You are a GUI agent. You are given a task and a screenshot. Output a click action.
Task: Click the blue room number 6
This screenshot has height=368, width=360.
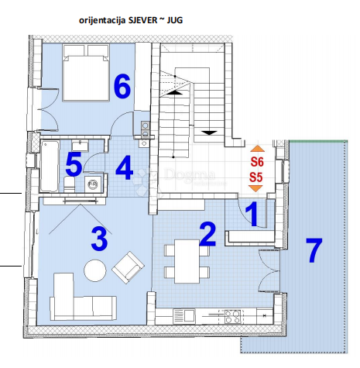[x=122, y=87]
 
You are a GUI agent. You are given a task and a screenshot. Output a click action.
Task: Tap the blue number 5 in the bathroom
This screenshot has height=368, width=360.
[x=74, y=165]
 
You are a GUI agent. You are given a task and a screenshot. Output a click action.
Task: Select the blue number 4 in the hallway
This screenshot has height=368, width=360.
[x=125, y=167]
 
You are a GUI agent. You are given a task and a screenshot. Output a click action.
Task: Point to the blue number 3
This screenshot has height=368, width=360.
[x=98, y=239]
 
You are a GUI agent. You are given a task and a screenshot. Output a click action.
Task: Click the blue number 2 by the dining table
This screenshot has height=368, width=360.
[x=207, y=233]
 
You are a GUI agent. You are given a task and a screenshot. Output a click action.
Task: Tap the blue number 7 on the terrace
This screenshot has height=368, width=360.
[x=314, y=249]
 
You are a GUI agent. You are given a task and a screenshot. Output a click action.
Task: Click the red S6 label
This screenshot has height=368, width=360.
[x=257, y=162]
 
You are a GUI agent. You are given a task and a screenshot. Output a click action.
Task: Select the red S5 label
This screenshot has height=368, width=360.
[x=257, y=177]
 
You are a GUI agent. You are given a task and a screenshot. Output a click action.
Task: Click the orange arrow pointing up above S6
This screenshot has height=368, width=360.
[x=257, y=149]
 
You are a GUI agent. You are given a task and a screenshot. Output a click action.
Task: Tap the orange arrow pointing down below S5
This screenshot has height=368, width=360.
[x=257, y=189]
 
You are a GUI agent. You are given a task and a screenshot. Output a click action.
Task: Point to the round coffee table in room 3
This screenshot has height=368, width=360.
[x=94, y=270]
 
